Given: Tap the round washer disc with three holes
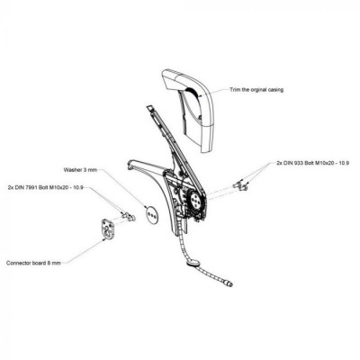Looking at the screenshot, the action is [151, 214].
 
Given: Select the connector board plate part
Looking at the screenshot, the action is [106, 229].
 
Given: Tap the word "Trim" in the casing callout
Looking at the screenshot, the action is [234, 89].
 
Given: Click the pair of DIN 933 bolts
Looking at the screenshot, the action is [241, 185].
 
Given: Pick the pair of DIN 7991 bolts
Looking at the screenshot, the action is [128, 216].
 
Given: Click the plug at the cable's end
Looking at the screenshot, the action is [229, 283].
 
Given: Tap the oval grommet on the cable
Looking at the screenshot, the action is [193, 264].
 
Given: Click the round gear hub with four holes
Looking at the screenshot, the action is [195, 201].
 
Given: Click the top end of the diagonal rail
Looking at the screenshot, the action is [149, 106].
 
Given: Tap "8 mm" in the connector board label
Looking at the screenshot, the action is [54, 263].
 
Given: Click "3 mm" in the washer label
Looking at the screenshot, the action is [92, 170].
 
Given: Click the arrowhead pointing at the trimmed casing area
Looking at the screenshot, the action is [200, 95].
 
